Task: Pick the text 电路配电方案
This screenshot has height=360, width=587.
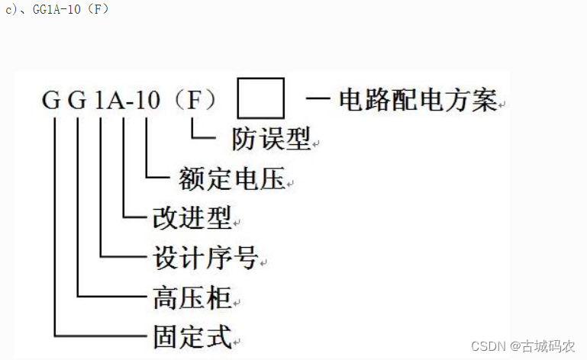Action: (x=418, y=100)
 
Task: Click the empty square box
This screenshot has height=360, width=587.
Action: (x=261, y=98)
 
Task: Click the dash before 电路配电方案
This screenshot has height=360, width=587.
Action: (x=319, y=99)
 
